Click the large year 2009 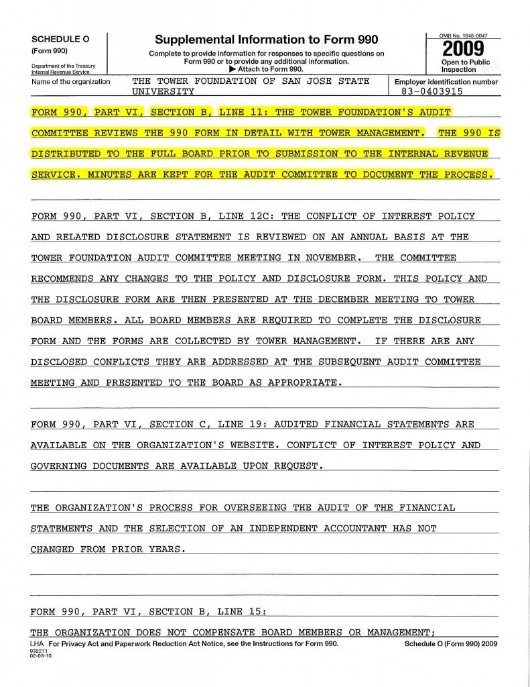462,50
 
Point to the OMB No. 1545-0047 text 463,34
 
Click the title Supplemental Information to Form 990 266,40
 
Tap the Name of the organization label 70,82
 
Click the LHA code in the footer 38,643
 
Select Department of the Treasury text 63,66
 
